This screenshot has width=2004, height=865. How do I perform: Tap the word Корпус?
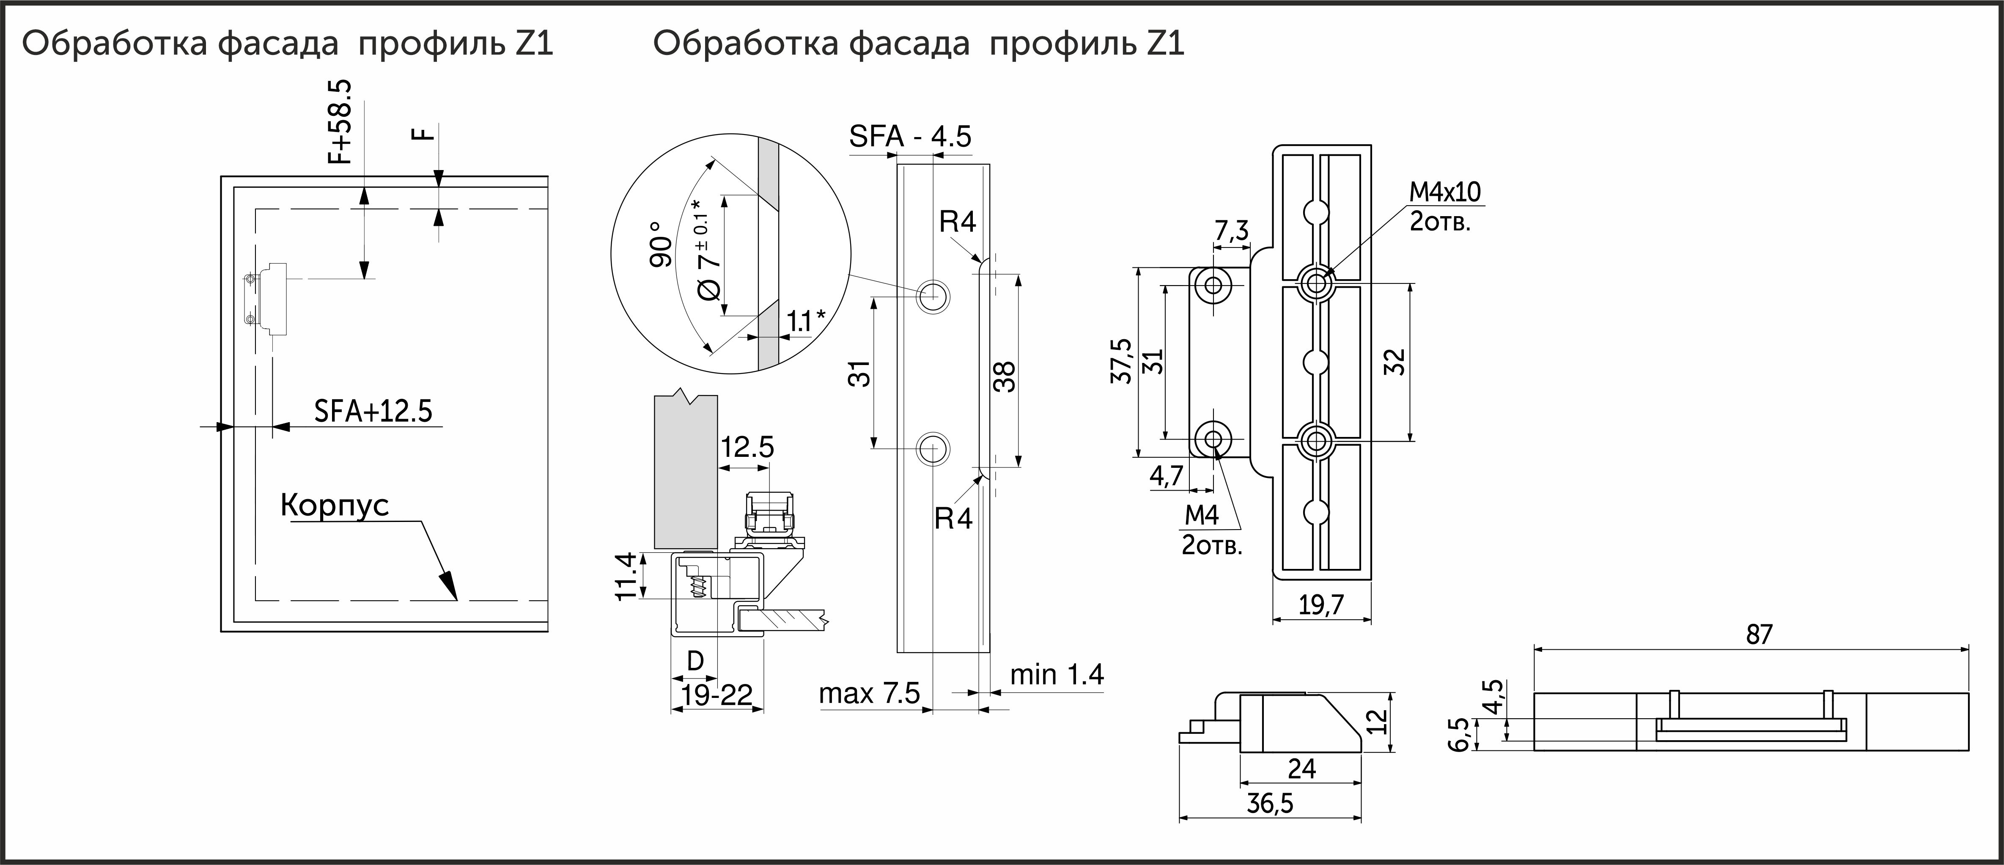pyautogui.click(x=335, y=505)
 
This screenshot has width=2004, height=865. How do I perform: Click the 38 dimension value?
pyautogui.click(x=1005, y=376)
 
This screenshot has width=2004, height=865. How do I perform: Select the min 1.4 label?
pyautogui.click(x=1057, y=674)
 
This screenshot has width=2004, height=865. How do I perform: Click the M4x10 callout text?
pyautogui.click(x=1445, y=191)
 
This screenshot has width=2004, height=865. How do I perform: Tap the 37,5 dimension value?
pyautogui.click(x=1121, y=361)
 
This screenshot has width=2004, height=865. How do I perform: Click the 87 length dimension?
pyautogui.click(x=1759, y=635)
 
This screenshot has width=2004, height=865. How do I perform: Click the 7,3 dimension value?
pyautogui.click(x=1232, y=231)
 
